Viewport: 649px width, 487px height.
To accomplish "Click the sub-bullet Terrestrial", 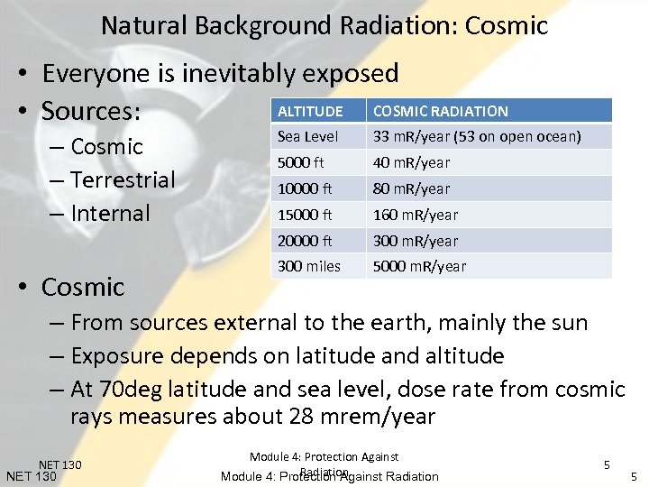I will coord(122,179).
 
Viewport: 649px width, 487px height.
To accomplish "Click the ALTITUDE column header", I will coord(310,111).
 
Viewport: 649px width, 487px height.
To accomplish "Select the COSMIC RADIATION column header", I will coord(440,111).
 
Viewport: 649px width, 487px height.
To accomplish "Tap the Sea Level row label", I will coord(307,137).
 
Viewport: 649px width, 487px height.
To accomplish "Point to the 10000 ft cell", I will coord(305,188).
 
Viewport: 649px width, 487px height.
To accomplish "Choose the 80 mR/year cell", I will coord(411,188).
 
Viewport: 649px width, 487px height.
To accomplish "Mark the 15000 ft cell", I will coord(305,215).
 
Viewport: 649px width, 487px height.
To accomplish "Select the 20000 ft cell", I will coord(305,241).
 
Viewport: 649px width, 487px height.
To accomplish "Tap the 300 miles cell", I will coord(308,266).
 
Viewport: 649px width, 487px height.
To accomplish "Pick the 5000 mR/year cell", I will coord(419,266).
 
